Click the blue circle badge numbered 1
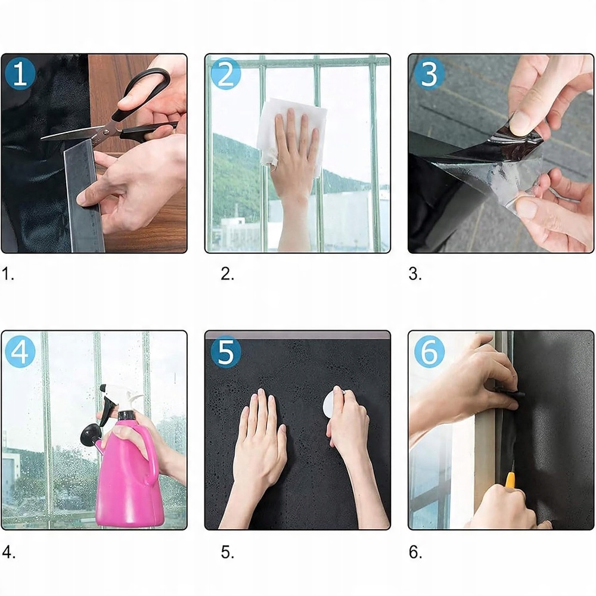pyautogui.click(x=20, y=74)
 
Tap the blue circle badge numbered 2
pyautogui.click(x=226, y=74)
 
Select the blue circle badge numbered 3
pyautogui.click(x=430, y=74)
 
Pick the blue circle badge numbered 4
pyautogui.click(x=20, y=351)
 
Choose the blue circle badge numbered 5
pyautogui.click(x=226, y=351)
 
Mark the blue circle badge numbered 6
pyautogui.click(x=430, y=351)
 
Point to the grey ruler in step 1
pyautogui.click(x=83, y=195)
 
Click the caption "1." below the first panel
pyautogui.click(x=8, y=274)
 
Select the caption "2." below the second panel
pyautogui.click(x=227, y=274)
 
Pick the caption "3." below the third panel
pyautogui.click(x=415, y=274)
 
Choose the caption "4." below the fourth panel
pyautogui.click(x=9, y=552)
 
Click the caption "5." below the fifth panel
pyautogui.click(x=227, y=552)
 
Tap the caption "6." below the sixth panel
pyautogui.click(x=415, y=552)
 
